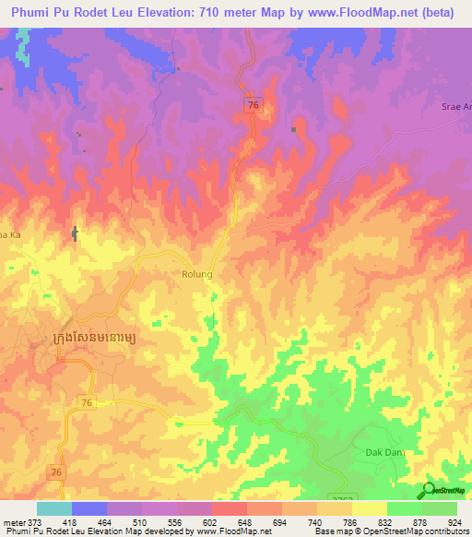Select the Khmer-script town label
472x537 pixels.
96,340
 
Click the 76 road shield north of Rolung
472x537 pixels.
254,106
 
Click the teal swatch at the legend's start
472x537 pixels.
54,508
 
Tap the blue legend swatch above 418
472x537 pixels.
89,508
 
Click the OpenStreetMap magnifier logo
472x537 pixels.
430,490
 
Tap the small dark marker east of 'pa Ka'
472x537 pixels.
76,234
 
